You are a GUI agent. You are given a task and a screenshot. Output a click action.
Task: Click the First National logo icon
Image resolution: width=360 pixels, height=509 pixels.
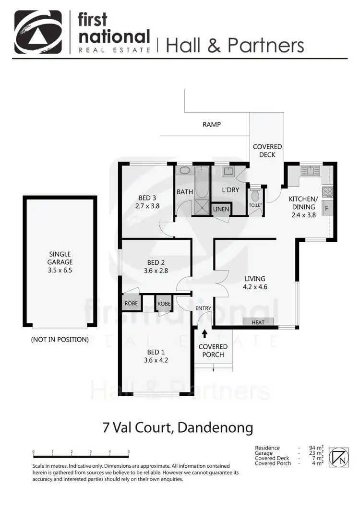coord(38,32)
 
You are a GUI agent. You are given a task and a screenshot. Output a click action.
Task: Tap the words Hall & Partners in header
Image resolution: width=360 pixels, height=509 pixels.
coord(235,45)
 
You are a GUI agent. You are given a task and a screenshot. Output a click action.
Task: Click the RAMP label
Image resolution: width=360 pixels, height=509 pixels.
coord(212,124)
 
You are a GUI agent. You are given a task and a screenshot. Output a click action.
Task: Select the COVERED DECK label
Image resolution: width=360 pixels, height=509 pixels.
coord(267,150)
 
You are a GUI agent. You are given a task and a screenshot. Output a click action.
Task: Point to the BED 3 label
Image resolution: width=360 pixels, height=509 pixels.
coord(147,198)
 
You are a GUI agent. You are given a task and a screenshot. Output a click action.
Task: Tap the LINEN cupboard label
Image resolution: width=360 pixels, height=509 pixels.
coord(221,210)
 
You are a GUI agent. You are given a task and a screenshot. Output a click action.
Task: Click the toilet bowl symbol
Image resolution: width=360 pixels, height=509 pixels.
coord(255,195)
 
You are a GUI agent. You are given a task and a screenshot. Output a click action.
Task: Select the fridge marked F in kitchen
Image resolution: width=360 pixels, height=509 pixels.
coord(326,209)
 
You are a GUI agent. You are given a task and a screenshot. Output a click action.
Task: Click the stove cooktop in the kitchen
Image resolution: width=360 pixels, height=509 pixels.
coord(327,192)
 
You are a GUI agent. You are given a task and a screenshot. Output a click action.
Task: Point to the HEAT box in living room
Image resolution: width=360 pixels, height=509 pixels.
coord(258,322)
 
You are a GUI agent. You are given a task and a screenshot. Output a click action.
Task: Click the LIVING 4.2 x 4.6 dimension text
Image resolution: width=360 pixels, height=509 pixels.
coord(255,288)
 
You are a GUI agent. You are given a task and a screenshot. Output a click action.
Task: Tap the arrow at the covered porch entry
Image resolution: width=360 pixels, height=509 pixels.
coord(204,333)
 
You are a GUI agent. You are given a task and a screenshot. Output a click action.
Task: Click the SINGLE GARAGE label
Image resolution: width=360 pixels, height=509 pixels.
coord(60,258)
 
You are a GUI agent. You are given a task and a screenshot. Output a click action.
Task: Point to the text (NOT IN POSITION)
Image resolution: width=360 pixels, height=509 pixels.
coord(60,339)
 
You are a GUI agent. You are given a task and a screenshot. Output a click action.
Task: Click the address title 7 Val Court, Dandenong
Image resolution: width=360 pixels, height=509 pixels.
coord(178,427)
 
